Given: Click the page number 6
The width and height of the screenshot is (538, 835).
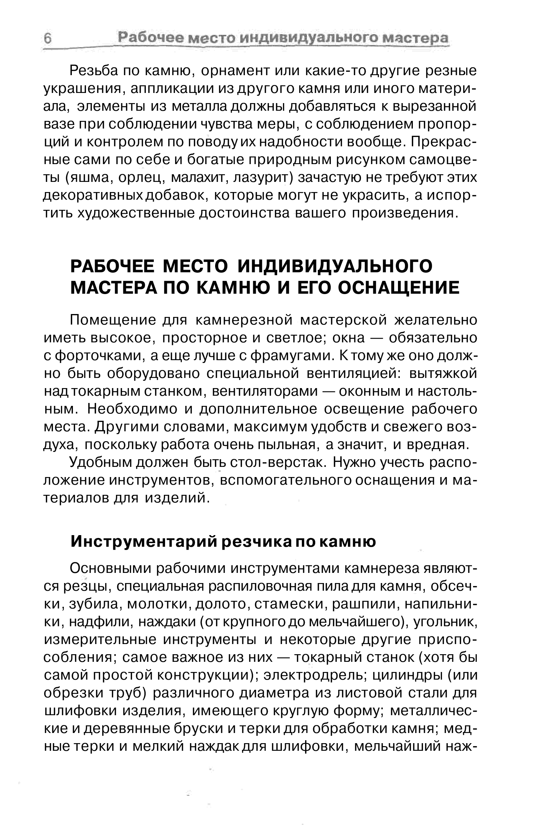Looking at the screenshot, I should point(48,38).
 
